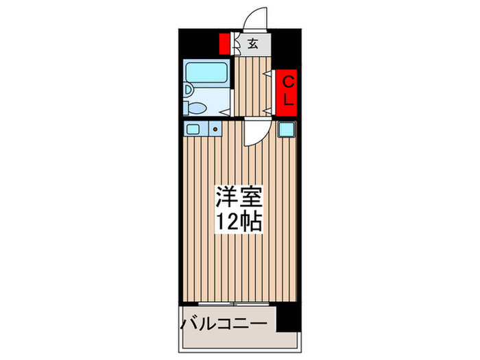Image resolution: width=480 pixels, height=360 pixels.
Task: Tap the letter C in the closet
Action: pyautogui.click(x=289, y=82)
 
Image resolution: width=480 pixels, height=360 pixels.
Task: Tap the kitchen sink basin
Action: pyautogui.click(x=191, y=128)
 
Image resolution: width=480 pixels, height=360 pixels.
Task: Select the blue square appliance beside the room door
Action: pyautogui.click(x=286, y=129)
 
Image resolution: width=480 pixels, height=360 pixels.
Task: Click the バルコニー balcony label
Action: pyautogui.click(x=223, y=322)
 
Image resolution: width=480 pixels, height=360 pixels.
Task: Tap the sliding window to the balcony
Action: pyautogui.click(x=234, y=302)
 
